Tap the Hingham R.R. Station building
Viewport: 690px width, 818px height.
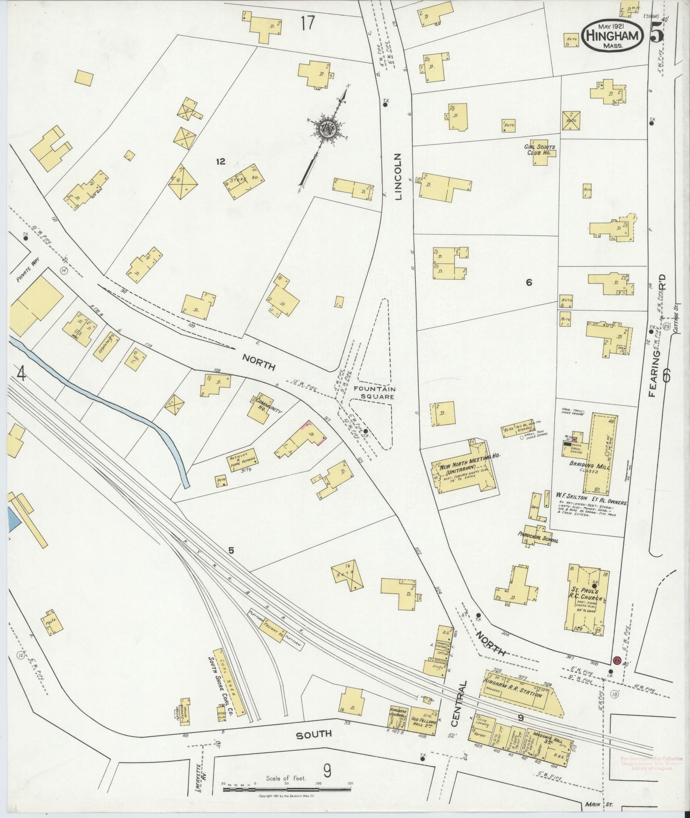pos(522,695)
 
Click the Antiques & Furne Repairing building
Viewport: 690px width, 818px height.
pos(243,460)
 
